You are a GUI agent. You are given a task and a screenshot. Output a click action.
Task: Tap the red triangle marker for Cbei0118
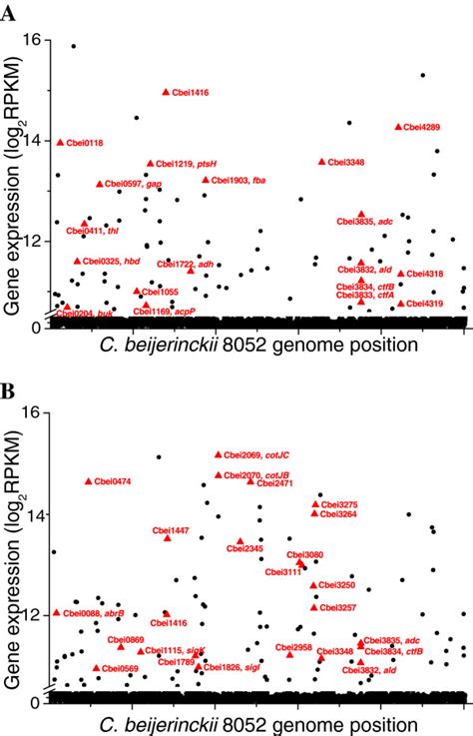tap(60, 143)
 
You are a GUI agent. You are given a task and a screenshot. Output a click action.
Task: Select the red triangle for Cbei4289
tap(398, 127)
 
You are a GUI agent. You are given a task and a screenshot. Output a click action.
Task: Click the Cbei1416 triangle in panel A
tap(166, 92)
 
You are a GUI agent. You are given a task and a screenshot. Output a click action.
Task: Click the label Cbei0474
tap(113, 481)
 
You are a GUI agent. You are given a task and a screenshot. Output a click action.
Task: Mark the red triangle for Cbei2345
tap(240, 541)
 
